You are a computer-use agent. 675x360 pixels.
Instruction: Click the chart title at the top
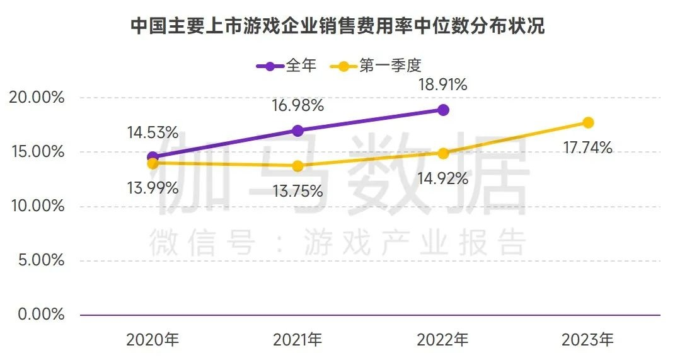pyautogui.click(x=337, y=26)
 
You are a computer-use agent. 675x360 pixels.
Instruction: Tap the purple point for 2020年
pyautogui.click(x=153, y=157)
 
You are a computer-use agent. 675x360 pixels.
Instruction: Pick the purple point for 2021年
pyautogui.click(x=297, y=131)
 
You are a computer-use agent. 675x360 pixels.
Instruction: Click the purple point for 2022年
pyautogui.click(x=443, y=110)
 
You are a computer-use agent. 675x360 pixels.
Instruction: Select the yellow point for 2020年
pyautogui.click(x=153, y=163)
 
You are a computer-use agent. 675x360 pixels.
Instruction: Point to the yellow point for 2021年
pyautogui.click(x=297, y=166)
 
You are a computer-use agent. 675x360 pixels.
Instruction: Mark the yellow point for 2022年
pyautogui.click(x=443, y=153)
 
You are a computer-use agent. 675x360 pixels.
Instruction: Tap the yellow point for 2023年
pyautogui.click(x=588, y=122)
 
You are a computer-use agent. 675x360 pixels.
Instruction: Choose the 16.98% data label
pyautogui.click(x=298, y=106)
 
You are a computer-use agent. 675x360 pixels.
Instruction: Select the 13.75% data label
pyautogui.click(x=297, y=191)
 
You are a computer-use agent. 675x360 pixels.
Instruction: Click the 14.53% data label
pyautogui.click(x=153, y=133)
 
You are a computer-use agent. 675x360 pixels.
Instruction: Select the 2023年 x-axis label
pyautogui.click(x=587, y=340)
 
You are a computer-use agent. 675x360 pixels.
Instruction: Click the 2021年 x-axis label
pyautogui.click(x=297, y=340)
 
